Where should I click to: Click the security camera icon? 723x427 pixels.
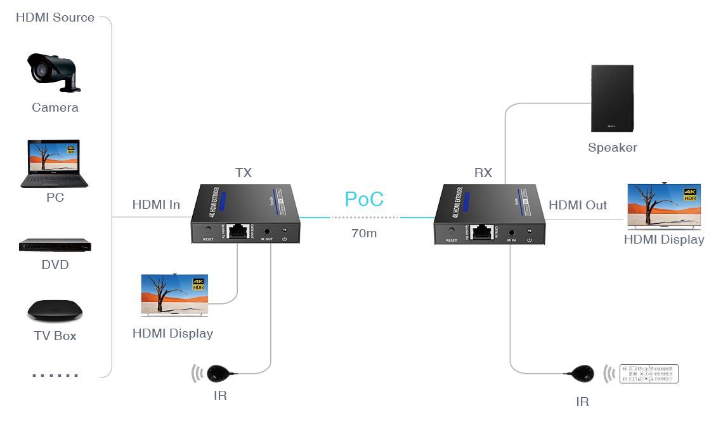coord(53,71)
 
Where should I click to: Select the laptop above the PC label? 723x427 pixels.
coord(55,163)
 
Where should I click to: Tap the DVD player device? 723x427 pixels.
coord(55,246)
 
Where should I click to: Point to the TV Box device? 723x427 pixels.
coord(55,311)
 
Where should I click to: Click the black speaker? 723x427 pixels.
coord(612,98)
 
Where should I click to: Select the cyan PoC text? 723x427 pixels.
coord(364,199)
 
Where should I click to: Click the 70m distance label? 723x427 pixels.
coord(364,233)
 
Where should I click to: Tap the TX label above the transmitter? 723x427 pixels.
coord(244,173)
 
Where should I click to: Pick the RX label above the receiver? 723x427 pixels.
coord(483,173)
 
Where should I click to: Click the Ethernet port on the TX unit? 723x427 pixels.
coord(238,231)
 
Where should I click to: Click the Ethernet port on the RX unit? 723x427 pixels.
coord(483,232)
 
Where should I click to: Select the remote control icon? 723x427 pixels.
coord(649,374)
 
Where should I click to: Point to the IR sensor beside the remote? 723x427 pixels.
coord(582,374)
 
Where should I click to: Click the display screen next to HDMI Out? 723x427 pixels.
coord(664,206)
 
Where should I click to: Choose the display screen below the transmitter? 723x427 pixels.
coord(174,295)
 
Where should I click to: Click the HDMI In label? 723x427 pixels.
coord(156,204)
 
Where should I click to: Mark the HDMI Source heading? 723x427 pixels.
coord(55,17)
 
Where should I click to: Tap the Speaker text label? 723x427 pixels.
coord(612,148)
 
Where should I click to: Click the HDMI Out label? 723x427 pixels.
coord(577,205)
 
